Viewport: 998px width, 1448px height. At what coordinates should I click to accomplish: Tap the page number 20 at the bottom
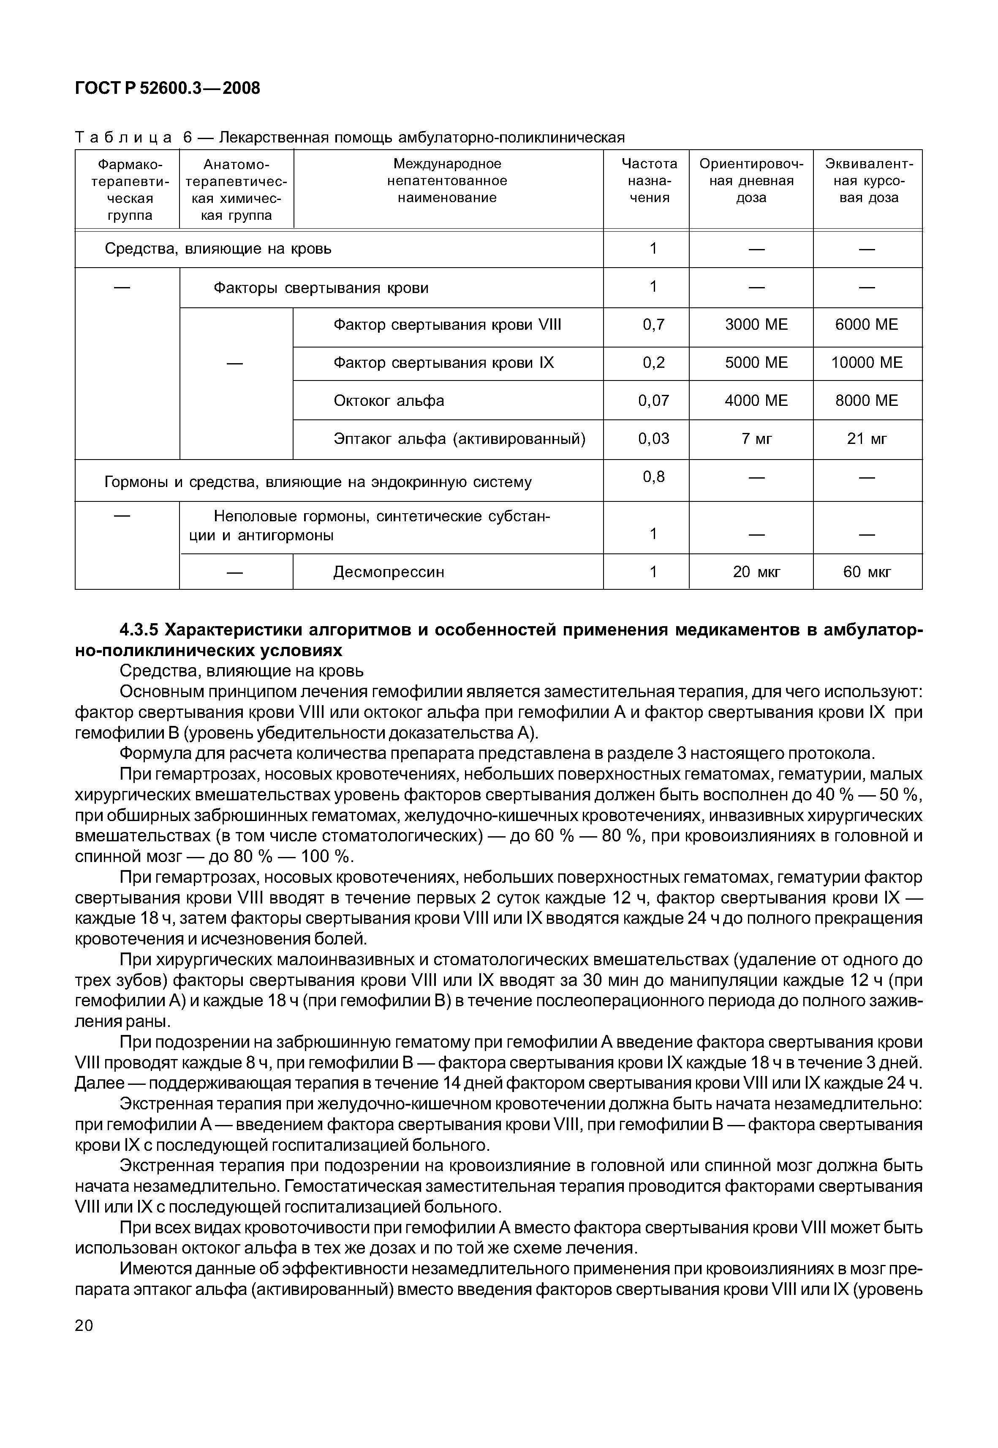tap(84, 1325)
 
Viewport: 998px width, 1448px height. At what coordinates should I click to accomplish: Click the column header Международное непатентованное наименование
tap(447, 181)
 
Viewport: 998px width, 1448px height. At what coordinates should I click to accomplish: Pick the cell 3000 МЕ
tap(756, 325)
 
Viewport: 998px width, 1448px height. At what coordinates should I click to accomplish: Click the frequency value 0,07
tap(653, 400)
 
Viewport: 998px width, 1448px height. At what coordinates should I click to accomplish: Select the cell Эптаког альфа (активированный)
tap(460, 439)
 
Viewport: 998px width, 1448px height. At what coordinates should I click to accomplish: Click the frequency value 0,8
tap(653, 477)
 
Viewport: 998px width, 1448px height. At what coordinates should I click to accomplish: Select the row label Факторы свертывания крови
tap(321, 288)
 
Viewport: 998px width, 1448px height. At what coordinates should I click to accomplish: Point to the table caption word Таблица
tap(123, 137)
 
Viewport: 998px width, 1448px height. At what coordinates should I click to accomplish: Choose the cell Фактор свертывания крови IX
tap(443, 363)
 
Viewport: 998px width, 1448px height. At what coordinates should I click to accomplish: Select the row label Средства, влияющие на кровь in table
tap(218, 249)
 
